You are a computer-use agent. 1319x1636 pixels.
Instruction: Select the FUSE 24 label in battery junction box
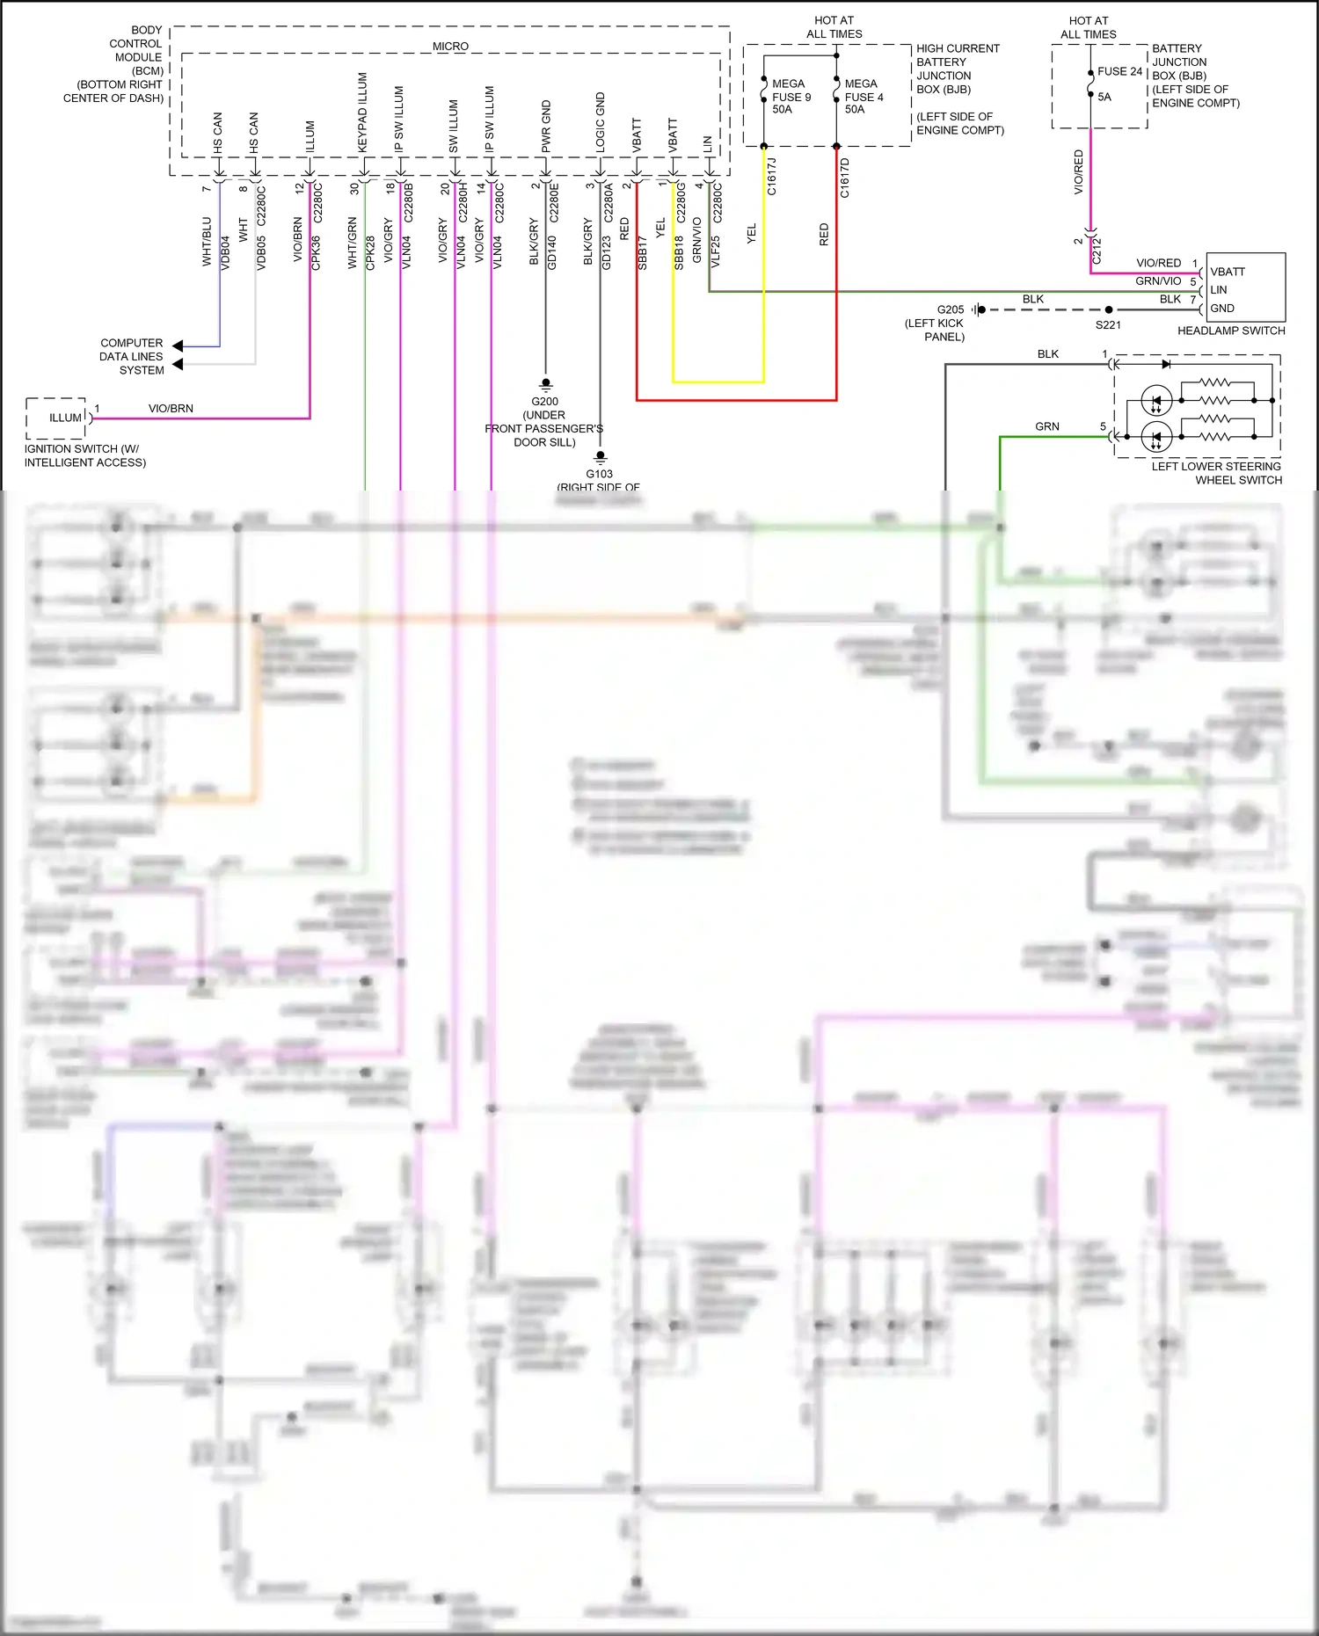pos(1119,71)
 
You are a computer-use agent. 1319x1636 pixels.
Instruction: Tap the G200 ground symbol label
pos(544,401)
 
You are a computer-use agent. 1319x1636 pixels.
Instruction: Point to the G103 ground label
pos(599,474)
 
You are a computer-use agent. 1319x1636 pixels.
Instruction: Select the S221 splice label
pos(1108,325)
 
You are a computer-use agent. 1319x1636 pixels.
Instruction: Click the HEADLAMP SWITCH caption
pos(1230,331)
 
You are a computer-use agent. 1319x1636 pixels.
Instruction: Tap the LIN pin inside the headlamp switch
pos(1219,290)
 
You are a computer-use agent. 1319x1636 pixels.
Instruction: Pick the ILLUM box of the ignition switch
pos(65,418)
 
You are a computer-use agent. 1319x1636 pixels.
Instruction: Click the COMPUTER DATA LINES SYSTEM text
pos(131,356)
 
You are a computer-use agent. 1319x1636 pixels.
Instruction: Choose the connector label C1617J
pos(772,177)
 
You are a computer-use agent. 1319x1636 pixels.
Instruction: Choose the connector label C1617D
pos(845,178)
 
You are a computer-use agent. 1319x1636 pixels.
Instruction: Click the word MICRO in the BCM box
pos(450,46)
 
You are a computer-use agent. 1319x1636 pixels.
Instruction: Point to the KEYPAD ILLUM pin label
pos(362,113)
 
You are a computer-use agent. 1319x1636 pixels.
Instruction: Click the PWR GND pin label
pos(546,127)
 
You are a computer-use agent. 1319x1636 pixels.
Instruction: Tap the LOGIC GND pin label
pos(601,122)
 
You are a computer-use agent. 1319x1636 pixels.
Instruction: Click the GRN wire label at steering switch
pos(1046,426)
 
